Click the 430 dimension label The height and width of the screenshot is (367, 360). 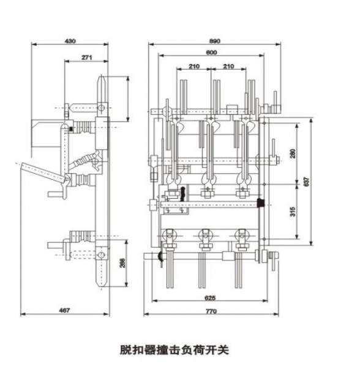[x=70, y=41]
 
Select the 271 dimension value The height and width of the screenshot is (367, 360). [x=87, y=57]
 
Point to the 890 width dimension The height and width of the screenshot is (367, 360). [x=214, y=41]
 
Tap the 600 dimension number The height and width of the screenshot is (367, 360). [x=211, y=53]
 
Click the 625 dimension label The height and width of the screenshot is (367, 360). [x=210, y=298]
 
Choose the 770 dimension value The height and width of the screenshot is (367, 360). [x=211, y=311]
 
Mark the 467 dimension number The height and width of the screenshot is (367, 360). [x=64, y=310]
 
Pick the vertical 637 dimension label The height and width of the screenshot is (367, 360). [x=306, y=182]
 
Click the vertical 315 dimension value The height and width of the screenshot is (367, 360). [x=293, y=212]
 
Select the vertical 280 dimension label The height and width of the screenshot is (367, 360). [x=293, y=154]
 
